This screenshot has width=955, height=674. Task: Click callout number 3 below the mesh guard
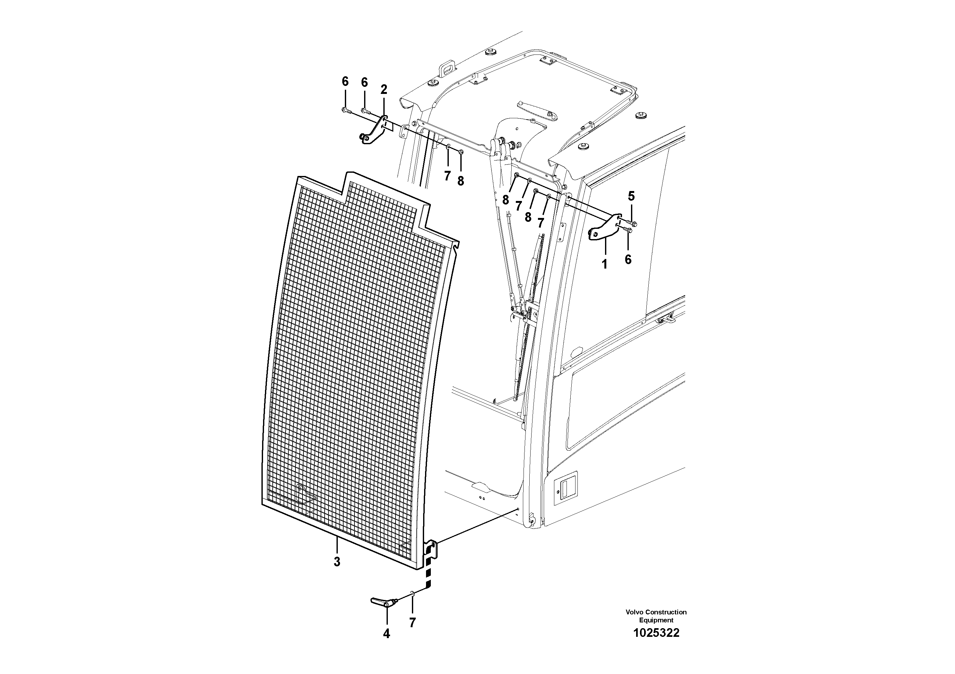click(337, 562)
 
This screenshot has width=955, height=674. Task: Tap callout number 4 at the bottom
click(387, 634)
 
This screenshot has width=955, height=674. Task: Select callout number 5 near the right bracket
click(631, 196)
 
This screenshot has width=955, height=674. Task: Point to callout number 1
click(604, 264)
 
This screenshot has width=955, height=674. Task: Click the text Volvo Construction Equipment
click(656, 616)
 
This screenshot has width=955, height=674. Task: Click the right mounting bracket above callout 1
click(603, 229)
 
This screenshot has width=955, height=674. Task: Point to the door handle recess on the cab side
click(566, 487)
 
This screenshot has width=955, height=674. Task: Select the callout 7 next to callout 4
click(412, 622)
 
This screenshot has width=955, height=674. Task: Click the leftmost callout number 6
click(345, 82)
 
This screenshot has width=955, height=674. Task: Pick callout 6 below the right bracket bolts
click(628, 259)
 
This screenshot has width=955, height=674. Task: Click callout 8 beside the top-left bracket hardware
click(460, 181)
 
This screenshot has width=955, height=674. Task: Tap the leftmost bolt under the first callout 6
click(345, 110)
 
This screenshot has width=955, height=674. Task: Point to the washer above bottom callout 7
click(412, 595)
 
